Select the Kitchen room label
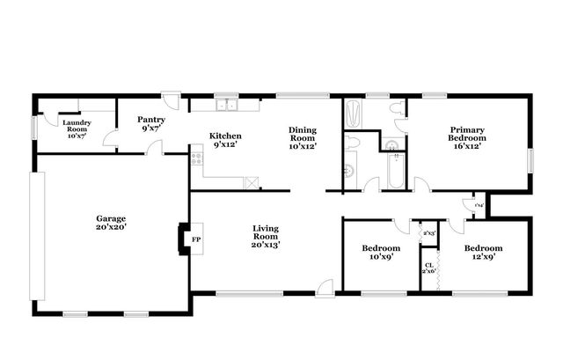(225, 140)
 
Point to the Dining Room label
(302, 137)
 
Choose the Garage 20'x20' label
(111, 223)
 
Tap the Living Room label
(265, 236)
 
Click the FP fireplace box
(196, 239)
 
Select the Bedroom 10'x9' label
(381, 253)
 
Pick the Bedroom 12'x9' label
(484, 253)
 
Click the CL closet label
(429, 268)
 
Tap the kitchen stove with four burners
(197, 159)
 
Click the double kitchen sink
(227, 107)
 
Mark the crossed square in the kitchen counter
(252, 182)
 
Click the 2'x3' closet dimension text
(429, 233)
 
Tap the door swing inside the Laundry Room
(109, 137)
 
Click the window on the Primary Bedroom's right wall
(530, 160)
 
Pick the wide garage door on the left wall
(36, 235)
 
